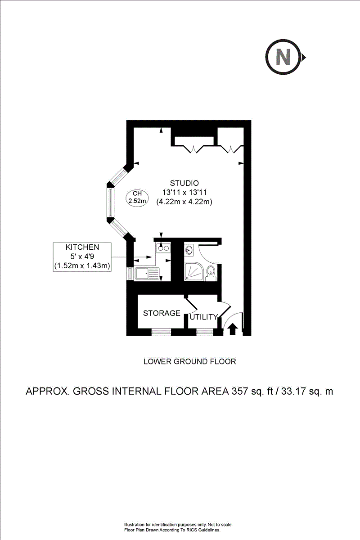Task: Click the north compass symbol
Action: [283, 57]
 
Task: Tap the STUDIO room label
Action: [184, 183]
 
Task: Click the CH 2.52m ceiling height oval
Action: [138, 198]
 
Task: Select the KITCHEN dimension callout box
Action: [82, 257]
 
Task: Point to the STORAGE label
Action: [162, 313]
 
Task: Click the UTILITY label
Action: [203, 317]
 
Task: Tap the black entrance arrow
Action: [232, 329]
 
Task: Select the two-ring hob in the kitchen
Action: [162, 247]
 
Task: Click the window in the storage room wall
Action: [161, 333]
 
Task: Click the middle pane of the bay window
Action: [109, 202]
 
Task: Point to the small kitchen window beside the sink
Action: [130, 273]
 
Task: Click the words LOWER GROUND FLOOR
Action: [189, 361]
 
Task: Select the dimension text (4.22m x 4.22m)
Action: [184, 202]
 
